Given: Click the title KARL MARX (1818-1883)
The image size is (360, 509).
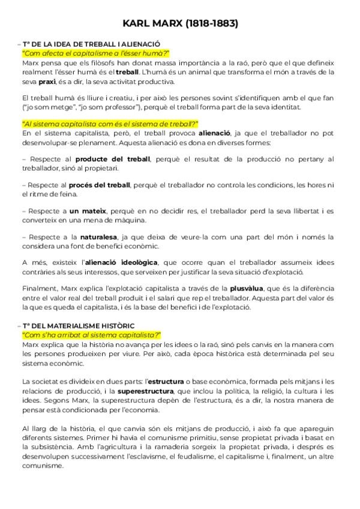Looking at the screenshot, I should [180, 24].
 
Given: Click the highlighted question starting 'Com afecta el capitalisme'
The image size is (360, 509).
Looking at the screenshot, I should [95, 53].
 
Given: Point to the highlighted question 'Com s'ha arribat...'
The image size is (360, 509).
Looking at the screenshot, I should [92, 334].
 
